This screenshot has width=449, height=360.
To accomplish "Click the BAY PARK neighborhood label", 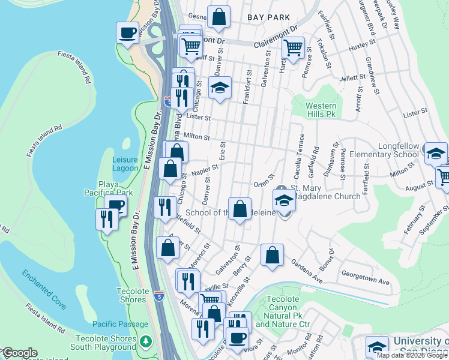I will (x=268, y=18).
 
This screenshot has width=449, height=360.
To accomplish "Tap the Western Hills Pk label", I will (x=321, y=110).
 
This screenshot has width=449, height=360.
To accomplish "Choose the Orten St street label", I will (x=263, y=184).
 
